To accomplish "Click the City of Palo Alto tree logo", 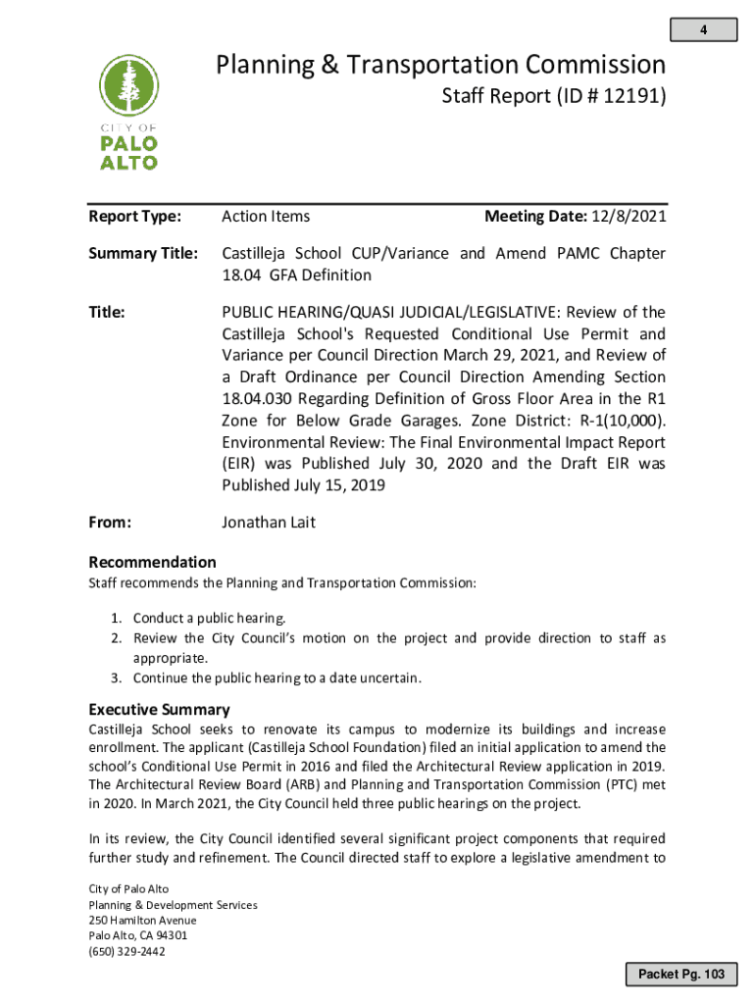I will click(128, 113).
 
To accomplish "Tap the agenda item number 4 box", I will click(703, 30).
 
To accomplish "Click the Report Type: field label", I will click(134, 217).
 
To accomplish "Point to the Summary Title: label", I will click(143, 254).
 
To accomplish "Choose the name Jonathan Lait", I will click(268, 523).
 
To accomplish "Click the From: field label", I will click(110, 523).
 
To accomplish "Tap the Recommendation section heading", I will click(152, 562).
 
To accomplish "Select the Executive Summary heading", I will click(159, 709).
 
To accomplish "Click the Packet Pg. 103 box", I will click(681, 974).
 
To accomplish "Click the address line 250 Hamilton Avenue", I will click(142, 921).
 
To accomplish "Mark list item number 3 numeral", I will click(115, 678).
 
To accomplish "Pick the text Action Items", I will click(266, 217).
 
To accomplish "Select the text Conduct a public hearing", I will click(210, 619).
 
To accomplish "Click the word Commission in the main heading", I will click(594, 66).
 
